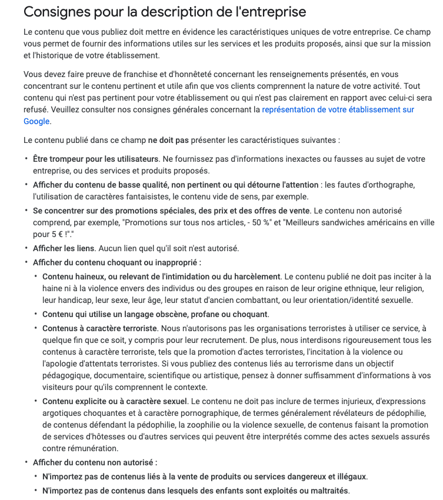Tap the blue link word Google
point(36,121)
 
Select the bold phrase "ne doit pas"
point(168,141)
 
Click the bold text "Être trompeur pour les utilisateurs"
point(95,159)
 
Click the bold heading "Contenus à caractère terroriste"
point(99,328)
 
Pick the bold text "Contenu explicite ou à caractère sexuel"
point(115,401)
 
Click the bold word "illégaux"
point(349,476)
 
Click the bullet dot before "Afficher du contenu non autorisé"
point(26,463)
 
